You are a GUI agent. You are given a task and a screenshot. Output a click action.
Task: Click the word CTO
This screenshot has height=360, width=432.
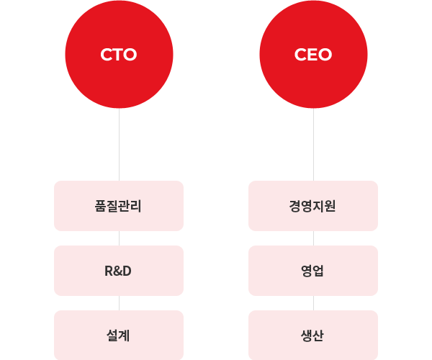(119, 55)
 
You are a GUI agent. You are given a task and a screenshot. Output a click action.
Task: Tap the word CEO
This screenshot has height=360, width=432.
(313, 55)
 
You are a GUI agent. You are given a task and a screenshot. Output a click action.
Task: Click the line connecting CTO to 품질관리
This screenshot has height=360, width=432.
(119, 144)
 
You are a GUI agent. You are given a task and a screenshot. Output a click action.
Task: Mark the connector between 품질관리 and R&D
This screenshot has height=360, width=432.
(119, 238)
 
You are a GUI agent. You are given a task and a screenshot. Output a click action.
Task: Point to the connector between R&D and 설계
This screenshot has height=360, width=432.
(119, 302)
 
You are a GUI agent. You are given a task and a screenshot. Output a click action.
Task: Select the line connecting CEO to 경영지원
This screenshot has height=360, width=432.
(313, 144)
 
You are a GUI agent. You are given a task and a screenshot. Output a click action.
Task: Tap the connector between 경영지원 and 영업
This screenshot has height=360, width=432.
(313, 238)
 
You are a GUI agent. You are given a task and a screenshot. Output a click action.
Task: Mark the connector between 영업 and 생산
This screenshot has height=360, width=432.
(313, 302)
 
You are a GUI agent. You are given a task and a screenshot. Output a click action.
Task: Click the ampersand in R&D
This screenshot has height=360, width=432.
(117, 271)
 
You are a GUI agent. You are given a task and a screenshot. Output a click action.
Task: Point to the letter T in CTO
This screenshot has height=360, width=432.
(118, 55)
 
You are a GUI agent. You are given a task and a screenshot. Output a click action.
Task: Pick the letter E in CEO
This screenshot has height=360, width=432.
(312, 55)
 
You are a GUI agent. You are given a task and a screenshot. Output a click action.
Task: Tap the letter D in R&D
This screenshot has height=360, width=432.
(127, 271)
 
